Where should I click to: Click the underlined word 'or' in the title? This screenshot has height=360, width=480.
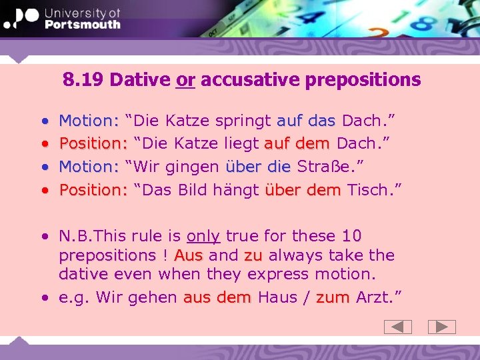[185, 80]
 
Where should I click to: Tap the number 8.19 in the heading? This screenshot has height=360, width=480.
[84, 80]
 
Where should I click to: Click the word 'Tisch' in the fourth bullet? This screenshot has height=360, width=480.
[367, 189]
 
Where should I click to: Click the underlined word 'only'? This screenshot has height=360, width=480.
[203, 236]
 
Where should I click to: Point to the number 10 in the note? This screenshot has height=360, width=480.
[351, 236]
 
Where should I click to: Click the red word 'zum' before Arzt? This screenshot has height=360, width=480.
[333, 297]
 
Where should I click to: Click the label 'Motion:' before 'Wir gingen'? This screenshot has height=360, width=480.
[89, 166]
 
